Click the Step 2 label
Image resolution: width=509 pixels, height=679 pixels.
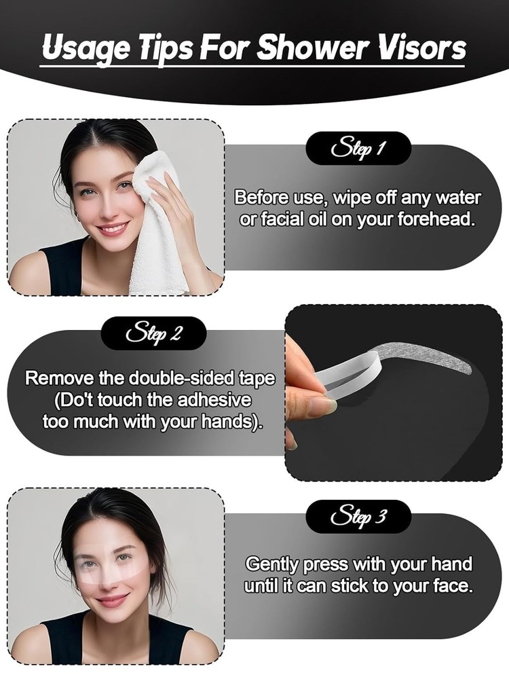click(153, 334)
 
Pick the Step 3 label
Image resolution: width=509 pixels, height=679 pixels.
click(358, 517)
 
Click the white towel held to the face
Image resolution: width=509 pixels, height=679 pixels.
click(159, 224)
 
